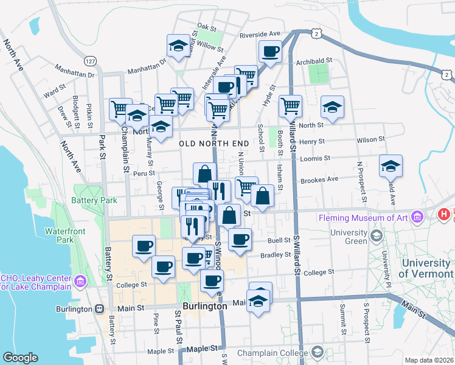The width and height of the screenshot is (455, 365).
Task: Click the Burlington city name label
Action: click(x=205, y=307)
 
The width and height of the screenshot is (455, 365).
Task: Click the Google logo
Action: click(x=20, y=358)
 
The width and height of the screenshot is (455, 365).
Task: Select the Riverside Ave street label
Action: click(x=262, y=35)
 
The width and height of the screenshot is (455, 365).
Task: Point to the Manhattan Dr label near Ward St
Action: click(x=74, y=74)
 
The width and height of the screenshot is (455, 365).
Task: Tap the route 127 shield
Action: click(x=91, y=61)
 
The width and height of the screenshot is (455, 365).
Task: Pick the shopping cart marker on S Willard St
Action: click(x=291, y=106)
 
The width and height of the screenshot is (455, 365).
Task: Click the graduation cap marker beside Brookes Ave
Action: click(x=391, y=165)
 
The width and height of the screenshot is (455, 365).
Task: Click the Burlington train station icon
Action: click(x=99, y=308)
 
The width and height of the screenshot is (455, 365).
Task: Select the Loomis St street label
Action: click(x=314, y=158)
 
